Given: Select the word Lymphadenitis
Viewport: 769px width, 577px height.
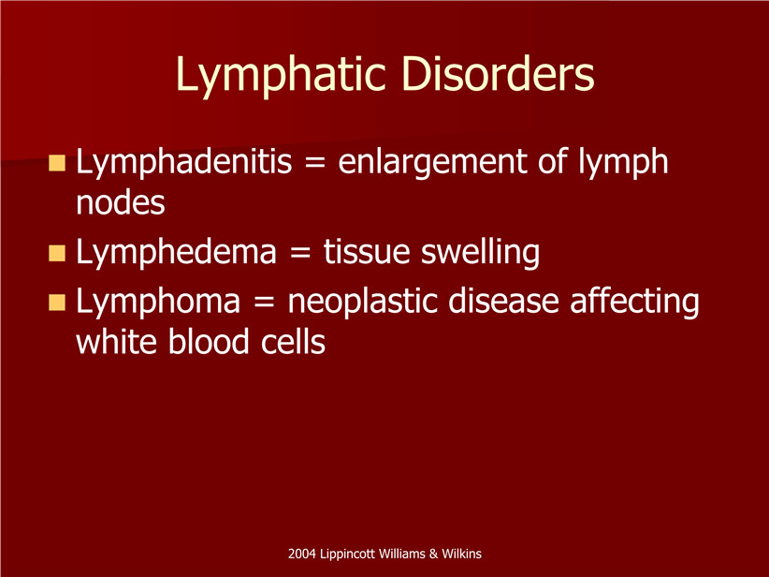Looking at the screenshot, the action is pos(184,164).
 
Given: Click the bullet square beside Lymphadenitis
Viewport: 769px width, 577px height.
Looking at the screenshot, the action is pos(57,163).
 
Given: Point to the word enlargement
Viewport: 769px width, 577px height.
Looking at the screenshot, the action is pos(432,164).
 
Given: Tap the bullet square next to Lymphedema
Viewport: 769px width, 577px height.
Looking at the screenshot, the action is pos(57,253).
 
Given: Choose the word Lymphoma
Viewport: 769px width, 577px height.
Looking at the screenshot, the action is pos(158,303).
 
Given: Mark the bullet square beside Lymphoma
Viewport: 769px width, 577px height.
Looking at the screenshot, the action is pos(57,302).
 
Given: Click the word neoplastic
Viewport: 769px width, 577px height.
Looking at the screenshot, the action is pos(362,303).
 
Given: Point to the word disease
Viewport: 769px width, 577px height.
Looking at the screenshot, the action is pos(503,301).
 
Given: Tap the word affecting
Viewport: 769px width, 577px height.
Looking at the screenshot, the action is pos(634,303).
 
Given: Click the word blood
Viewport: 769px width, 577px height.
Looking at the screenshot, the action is pos(209,341).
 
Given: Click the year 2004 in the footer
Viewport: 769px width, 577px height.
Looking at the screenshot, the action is pos(301,554).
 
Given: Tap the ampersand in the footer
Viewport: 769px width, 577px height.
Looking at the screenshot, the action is pos(433,554).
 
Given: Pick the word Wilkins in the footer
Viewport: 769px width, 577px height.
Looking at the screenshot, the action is pos(461,554).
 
